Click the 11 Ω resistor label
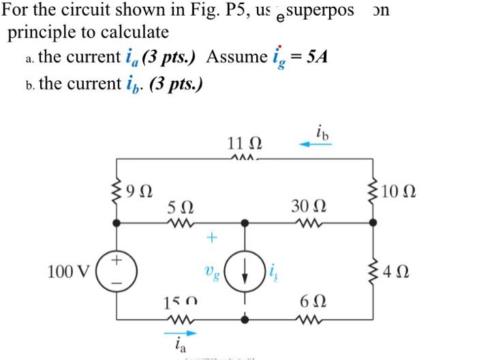(244, 145)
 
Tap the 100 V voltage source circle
(119, 270)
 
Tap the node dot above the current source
(245, 222)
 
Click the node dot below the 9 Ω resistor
(119, 222)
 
